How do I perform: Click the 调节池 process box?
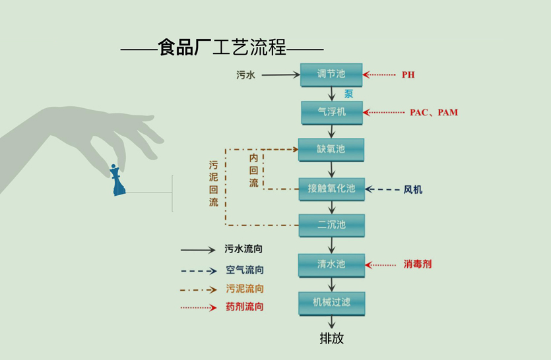331,75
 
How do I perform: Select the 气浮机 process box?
332,112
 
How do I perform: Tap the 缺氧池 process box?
331,150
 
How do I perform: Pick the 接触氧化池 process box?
331,189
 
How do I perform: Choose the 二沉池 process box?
331,225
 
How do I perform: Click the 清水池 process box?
331,264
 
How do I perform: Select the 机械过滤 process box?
331,303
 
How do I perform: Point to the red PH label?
408,75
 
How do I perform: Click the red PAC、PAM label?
434,113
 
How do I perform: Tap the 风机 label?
413,190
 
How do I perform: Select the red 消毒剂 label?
418,264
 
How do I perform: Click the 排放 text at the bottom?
331,338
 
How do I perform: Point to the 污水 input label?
245,75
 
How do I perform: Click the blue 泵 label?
348,94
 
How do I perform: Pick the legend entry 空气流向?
245,270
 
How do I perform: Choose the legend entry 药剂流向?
245,307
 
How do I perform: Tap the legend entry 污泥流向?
245,288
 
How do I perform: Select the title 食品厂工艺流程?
222,48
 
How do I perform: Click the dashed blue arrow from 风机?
383,190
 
